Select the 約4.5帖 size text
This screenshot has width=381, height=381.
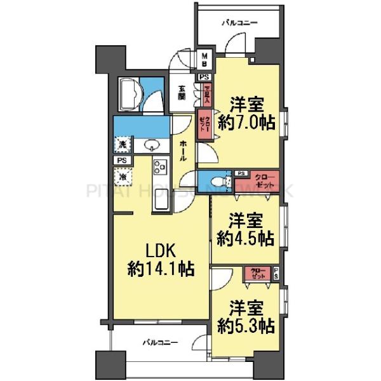click(245, 238)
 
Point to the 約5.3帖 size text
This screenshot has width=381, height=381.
click(245, 326)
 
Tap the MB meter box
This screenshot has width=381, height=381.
click(205, 62)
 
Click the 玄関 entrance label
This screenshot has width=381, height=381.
click(182, 93)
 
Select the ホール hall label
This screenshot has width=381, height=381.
click(183, 149)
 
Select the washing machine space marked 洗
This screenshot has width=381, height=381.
click(121, 145)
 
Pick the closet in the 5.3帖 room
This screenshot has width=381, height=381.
click(259, 274)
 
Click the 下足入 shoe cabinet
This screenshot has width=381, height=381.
click(205, 94)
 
